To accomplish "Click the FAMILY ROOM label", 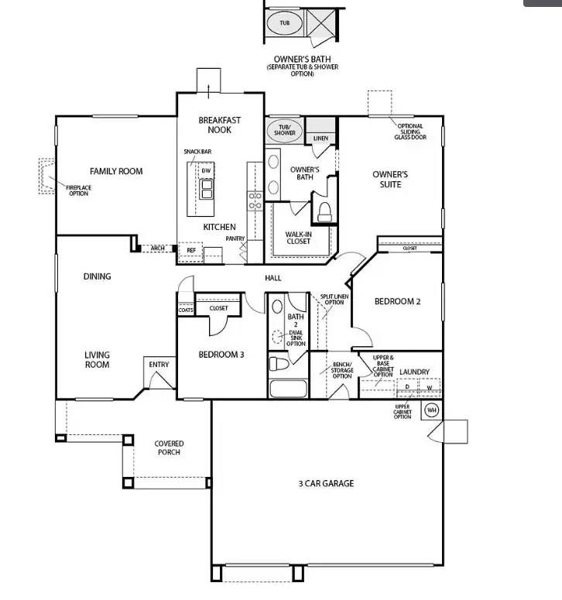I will click(x=116, y=171).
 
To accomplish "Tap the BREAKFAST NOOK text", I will click(x=220, y=125).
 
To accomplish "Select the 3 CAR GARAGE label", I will click(x=326, y=484).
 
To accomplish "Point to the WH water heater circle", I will click(x=431, y=410).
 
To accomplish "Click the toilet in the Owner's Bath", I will click(x=324, y=212).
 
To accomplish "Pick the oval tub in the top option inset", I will click(x=284, y=23).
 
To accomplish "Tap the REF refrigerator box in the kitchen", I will click(x=190, y=250).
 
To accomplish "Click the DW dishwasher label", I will click(x=207, y=170).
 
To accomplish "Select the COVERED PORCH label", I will click(x=169, y=448).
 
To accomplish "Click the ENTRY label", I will click(x=159, y=365).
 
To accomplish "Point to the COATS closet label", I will click(x=186, y=310).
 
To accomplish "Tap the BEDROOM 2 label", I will click(x=397, y=302).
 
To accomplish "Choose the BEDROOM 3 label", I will click(x=221, y=355).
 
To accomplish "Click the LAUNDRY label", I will click(x=414, y=372).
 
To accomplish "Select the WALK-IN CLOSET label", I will click(x=298, y=237).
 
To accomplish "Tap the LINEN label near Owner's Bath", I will click(x=320, y=139).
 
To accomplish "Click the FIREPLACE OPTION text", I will click(x=77, y=190).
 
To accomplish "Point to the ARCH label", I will click(x=158, y=249).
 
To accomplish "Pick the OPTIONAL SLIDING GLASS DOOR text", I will click(x=410, y=132).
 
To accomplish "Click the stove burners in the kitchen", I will click(x=255, y=201).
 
